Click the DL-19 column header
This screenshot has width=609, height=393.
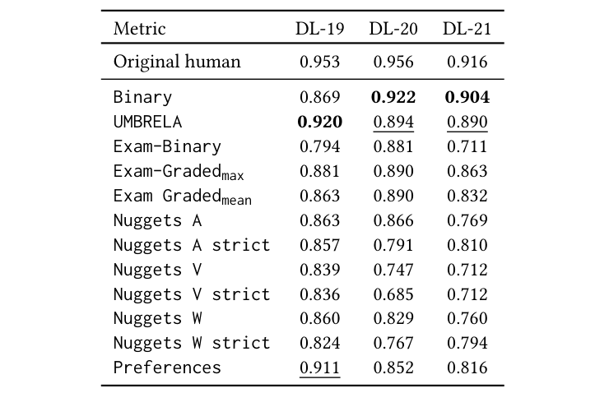tap(319, 29)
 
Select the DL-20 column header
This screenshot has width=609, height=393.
tap(393, 29)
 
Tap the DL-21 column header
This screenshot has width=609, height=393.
tap(467, 29)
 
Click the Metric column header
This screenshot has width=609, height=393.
tap(139, 29)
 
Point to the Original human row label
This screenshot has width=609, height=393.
tap(177, 62)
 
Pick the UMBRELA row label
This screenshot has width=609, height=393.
tap(147, 122)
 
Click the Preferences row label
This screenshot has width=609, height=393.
tap(167, 367)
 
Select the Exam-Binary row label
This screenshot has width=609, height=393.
tap(167, 146)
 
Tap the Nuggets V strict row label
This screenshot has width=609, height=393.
tap(192, 294)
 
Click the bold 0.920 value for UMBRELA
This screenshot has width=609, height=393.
tap(319, 122)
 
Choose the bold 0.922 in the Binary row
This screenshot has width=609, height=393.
tap(393, 97)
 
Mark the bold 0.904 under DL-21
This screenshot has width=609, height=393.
tap(467, 97)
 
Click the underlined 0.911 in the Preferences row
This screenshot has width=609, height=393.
tap(319, 367)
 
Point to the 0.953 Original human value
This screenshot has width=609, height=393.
tap(319, 62)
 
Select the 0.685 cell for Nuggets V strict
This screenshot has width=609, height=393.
tap(393, 294)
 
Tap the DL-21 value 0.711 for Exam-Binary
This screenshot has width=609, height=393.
tap(467, 146)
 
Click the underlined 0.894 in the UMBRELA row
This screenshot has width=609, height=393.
tap(393, 122)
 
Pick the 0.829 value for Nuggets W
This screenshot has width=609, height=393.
tap(393, 318)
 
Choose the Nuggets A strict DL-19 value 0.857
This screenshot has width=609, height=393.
tap(319, 244)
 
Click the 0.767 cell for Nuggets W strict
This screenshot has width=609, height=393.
tap(393, 342)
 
